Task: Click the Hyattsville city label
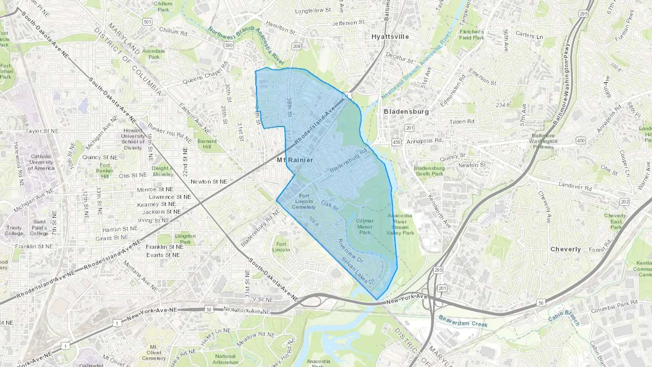coord(390,37)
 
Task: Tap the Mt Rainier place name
coord(295,160)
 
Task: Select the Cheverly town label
coord(565,249)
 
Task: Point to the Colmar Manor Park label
coord(365,226)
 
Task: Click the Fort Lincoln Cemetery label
coord(304,201)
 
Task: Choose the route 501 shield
coord(147,22)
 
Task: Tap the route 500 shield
coord(229,45)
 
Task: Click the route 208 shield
coord(297,46)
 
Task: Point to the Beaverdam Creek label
coord(463,321)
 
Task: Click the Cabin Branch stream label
coord(564,318)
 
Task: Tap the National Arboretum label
coord(225,359)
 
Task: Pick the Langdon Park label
coord(185,239)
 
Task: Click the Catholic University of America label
coord(41,162)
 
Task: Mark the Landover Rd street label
coord(575,186)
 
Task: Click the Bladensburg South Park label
coord(429,171)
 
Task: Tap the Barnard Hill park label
coord(207,144)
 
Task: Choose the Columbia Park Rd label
coord(614,306)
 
